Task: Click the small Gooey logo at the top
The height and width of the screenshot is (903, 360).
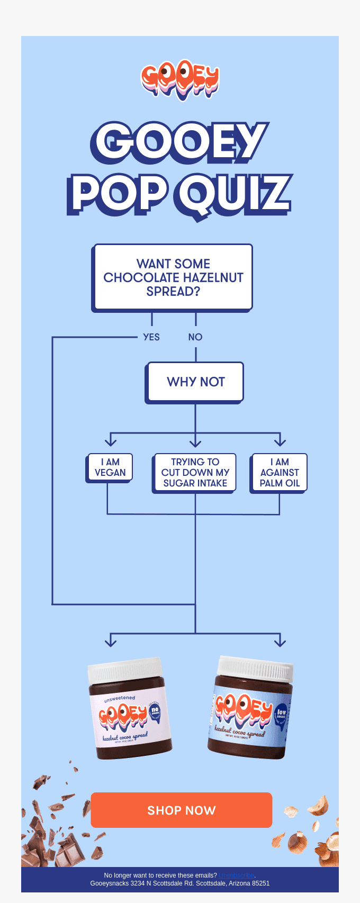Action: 180,81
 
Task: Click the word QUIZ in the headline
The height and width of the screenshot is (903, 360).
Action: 235,194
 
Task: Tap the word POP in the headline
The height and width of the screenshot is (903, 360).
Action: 118,194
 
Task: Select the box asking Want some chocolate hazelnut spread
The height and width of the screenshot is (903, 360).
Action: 173,277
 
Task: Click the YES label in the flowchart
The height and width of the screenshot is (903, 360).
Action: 151,337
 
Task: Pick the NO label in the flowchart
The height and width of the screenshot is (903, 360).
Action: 195,337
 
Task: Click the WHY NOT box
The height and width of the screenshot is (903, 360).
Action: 195,382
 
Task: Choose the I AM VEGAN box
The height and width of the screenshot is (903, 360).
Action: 110,467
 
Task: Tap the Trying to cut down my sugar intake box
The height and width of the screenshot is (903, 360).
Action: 195,473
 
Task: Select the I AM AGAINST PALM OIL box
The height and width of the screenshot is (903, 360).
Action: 280,473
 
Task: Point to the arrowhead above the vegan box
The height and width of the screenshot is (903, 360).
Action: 111,440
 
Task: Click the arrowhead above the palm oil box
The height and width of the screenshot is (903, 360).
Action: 280,440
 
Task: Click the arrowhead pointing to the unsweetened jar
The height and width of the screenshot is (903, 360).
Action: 111,640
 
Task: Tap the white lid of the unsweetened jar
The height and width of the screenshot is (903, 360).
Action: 125,671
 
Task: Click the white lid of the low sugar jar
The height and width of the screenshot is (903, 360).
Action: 256,669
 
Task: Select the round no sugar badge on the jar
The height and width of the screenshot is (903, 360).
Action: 155,711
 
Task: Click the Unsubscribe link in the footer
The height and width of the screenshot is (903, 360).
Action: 236,875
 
